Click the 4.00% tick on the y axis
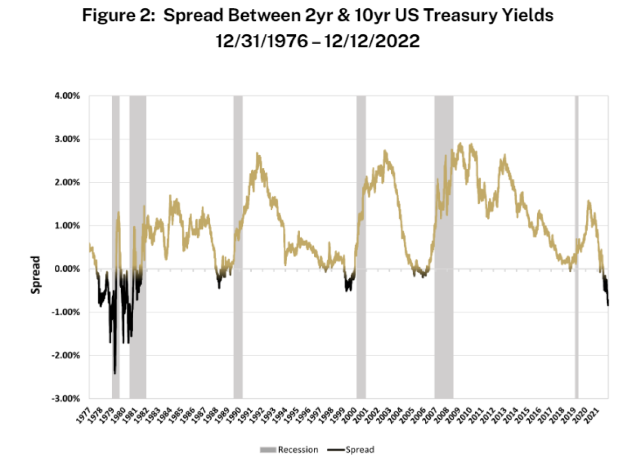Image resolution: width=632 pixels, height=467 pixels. click(67, 96)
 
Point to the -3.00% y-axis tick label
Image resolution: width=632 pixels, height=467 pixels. click(66, 399)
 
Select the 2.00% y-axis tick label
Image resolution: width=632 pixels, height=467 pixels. click(67, 182)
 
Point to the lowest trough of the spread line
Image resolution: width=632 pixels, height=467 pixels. click(115, 373)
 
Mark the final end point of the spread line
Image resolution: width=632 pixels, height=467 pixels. click(608, 305)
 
